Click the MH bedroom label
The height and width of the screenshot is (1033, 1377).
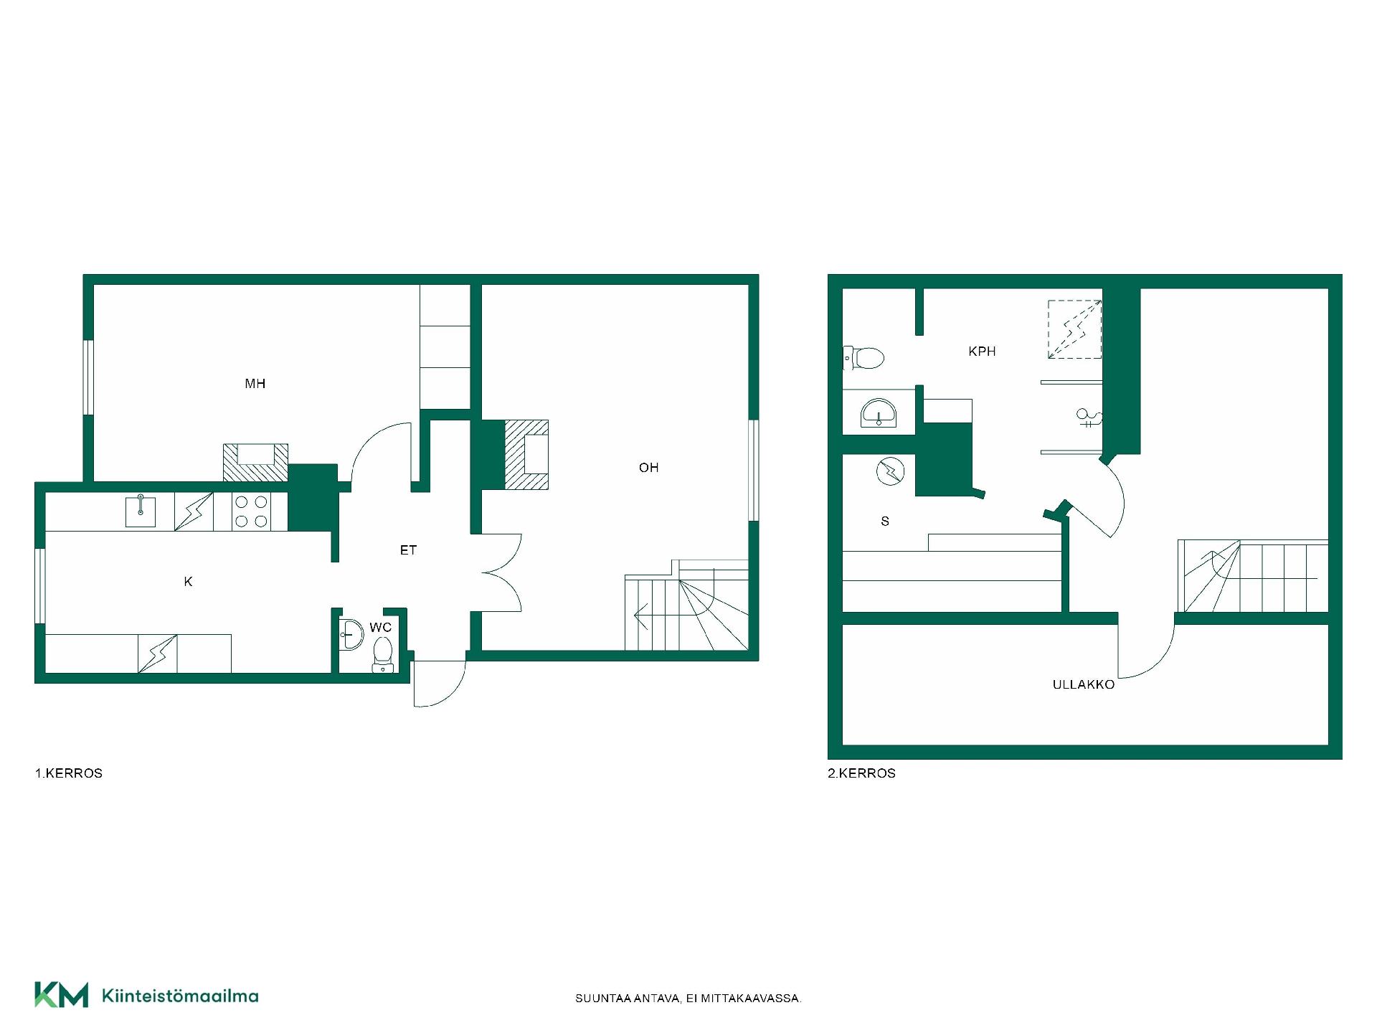point(255,384)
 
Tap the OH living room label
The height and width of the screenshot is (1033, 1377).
point(648,468)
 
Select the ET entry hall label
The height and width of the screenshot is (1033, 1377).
point(408,550)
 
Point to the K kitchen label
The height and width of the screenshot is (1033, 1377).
point(188,582)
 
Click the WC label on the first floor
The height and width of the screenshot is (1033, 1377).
point(381,628)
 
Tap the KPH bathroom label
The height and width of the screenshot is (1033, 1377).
point(982,352)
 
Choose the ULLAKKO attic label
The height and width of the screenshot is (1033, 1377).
point(1084,684)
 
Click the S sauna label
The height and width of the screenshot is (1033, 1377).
point(885,522)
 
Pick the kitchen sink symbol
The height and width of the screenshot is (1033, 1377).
point(141,510)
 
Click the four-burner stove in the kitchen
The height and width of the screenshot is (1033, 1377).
point(251,511)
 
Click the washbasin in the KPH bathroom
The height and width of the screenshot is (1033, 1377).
point(879,414)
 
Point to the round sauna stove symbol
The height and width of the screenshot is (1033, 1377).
point(891,471)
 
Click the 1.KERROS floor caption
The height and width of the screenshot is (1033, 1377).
point(69,773)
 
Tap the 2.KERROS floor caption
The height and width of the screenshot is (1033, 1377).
point(861,773)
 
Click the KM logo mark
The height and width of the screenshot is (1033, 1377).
point(61,995)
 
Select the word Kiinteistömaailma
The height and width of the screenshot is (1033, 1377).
point(180,996)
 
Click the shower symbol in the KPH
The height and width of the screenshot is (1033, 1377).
point(1088,418)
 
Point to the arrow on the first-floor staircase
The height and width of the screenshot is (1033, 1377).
point(642,615)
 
